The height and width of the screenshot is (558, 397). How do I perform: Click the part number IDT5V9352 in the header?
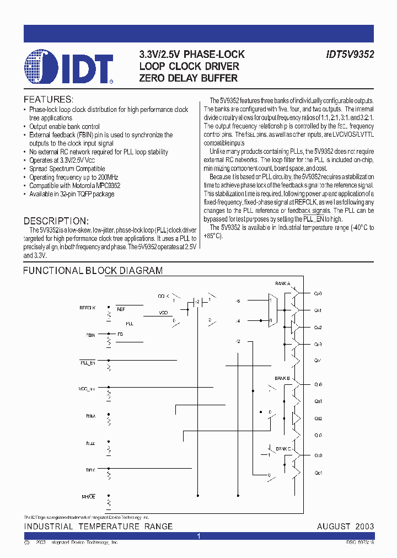[349, 55]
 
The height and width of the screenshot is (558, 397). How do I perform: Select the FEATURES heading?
[48, 100]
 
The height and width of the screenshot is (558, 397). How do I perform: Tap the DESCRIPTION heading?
[56, 221]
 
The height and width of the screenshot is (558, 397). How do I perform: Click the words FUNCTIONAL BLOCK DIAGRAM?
[92, 271]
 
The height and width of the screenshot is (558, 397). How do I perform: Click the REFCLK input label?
[88, 308]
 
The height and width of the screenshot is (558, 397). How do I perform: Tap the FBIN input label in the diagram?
[90, 335]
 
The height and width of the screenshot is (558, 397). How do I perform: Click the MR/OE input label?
[89, 497]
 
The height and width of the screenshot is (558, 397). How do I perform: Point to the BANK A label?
[282, 283]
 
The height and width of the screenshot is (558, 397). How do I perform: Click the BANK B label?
[282, 378]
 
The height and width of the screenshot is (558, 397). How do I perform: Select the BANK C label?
[283, 449]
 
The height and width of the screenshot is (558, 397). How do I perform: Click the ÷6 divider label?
[238, 301]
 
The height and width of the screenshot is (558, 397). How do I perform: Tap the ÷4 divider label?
[238, 321]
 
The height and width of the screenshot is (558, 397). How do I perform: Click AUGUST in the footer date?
[334, 527]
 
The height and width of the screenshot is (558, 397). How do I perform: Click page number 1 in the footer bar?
[198, 536]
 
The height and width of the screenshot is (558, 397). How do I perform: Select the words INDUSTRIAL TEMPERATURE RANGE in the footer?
[98, 527]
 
